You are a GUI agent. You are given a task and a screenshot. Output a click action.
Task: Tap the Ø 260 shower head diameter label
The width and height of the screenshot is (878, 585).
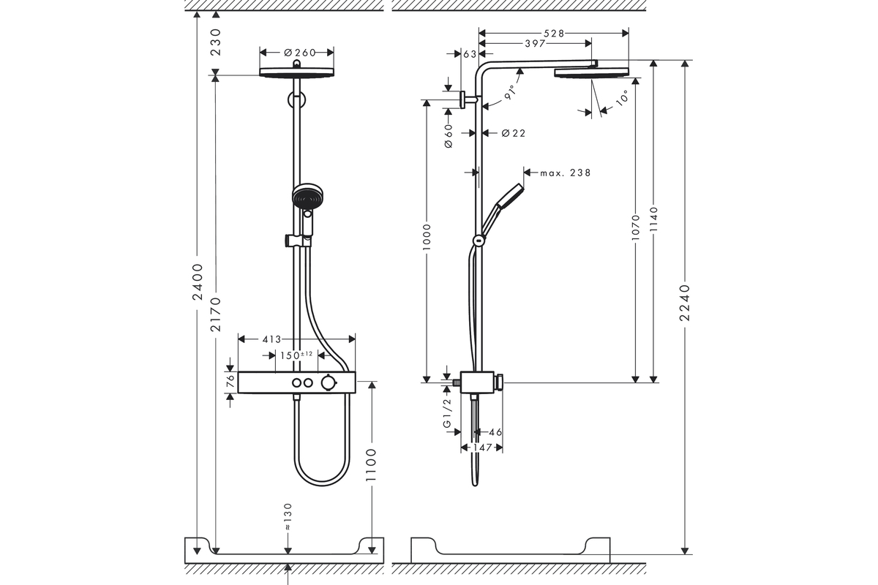[299, 52]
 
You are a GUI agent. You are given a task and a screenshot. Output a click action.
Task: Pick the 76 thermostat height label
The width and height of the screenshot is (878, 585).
[230, 381]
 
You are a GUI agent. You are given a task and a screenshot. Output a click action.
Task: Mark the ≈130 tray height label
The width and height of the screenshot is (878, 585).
[288, 517]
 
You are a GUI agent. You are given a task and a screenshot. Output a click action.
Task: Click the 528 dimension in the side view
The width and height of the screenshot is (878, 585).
[554, 33]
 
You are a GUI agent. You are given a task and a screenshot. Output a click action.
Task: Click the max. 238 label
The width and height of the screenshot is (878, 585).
[565, 173]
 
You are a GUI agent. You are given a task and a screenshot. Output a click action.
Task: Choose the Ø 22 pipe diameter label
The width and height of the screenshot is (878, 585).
[513, 133]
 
